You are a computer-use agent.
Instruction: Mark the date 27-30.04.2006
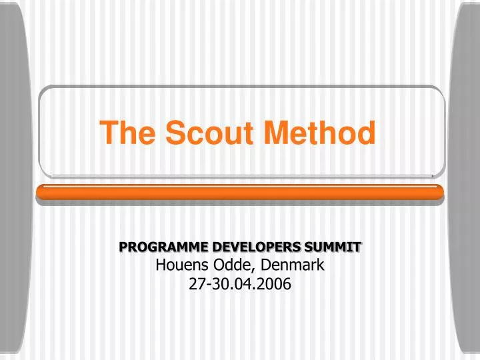[x=240, y=285]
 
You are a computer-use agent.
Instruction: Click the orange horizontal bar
[x=239, y=193]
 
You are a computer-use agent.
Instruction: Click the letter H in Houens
[x=161, y=265]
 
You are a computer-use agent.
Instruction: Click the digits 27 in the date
[x=196, y=285]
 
